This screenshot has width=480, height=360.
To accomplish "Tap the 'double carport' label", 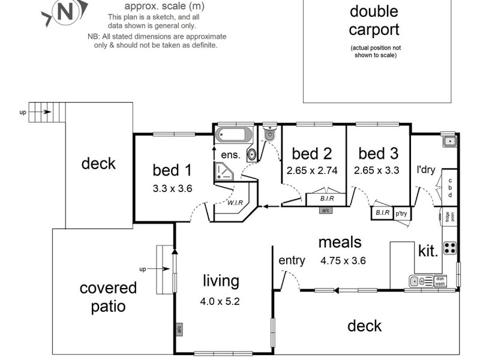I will pos(374,20).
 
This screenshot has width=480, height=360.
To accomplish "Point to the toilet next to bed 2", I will pos(269,134).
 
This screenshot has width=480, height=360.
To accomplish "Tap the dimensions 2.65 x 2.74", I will pos(312,170).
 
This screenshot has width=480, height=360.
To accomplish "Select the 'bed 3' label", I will pos(376,153).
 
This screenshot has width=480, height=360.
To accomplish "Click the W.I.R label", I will pos(235,203).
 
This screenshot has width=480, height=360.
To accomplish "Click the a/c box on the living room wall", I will pos(179,329).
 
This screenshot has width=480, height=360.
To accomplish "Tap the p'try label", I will pos(400,213).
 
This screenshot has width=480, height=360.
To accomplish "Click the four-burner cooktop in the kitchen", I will pos(449,247).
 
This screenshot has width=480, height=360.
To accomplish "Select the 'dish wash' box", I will pos(440,280).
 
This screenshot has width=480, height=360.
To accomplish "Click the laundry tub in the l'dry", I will pos(449,142).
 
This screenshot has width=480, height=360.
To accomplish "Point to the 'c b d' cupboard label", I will pos(450,187).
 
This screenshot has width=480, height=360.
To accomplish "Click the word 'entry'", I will pos(292,260).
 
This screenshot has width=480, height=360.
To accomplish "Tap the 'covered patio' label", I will pos(108,297).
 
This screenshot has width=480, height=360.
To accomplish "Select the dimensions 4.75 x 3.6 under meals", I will pos(343,260).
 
